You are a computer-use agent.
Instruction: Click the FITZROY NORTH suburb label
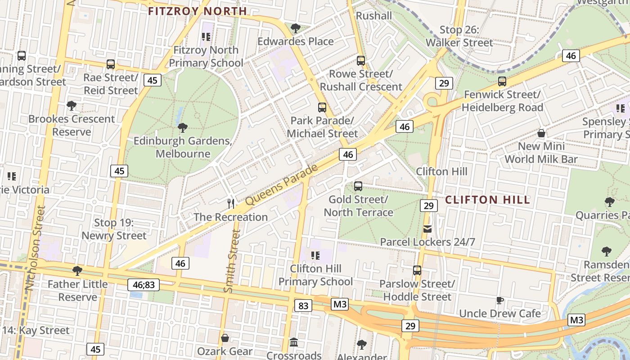198,11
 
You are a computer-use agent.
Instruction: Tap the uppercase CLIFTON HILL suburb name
487,200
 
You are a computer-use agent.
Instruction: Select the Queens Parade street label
282,185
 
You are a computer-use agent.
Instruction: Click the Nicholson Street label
36,247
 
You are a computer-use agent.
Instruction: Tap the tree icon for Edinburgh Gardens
182,127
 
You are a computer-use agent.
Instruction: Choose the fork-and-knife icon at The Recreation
231,204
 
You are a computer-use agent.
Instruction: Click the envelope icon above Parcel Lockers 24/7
427,229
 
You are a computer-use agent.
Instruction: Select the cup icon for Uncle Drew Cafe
499,300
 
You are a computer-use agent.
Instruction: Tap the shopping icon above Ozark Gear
225,337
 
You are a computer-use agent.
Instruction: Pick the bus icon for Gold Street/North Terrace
358,186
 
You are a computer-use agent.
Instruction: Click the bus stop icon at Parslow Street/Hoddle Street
417,270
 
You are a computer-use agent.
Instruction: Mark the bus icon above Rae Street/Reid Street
111,64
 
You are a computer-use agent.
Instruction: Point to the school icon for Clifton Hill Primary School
315,256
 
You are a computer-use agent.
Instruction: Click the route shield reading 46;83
144,284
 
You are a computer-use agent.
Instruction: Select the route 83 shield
303,306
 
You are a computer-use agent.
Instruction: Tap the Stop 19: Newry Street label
114,229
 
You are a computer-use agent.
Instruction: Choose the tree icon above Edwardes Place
296,28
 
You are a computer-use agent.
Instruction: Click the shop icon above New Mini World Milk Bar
541,133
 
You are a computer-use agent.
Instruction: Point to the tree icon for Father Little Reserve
77,270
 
